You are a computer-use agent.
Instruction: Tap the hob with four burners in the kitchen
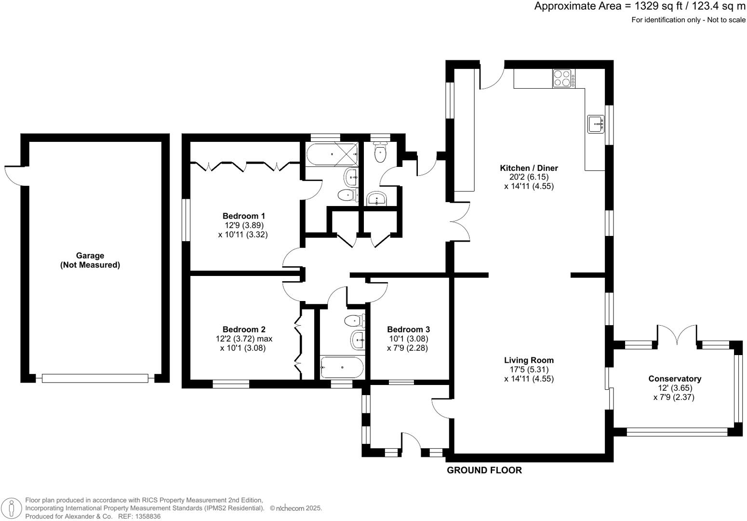[563, 78]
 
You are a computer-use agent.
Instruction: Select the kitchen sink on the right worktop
[596, 124]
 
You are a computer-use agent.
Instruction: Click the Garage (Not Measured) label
[90, 260]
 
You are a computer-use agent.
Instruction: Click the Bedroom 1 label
[243, 216]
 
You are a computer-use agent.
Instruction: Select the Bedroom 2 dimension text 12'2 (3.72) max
[244, 339]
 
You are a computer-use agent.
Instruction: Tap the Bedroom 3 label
[407, 329]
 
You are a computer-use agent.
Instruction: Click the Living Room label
[529, 360]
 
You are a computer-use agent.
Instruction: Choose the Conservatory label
[674, 379]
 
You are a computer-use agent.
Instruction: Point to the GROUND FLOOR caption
[484, 470]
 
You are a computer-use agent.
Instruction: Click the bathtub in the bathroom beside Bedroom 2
[342, 367]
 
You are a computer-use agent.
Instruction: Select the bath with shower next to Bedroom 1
[332, 154]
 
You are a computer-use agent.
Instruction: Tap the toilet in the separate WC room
[381, 153]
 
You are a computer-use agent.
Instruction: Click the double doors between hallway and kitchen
[460, 221]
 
